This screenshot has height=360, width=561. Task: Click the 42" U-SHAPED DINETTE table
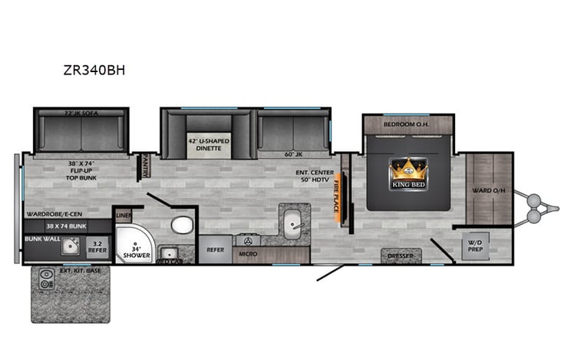click(204, 144)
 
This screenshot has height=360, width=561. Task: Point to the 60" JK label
click(294, 154)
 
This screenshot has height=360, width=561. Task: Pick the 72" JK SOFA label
click(81, 114)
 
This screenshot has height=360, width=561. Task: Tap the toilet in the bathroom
click(181, 225)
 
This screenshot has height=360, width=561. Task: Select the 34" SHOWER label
click(134, 252)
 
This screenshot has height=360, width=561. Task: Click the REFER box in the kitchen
click(214, 249)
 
